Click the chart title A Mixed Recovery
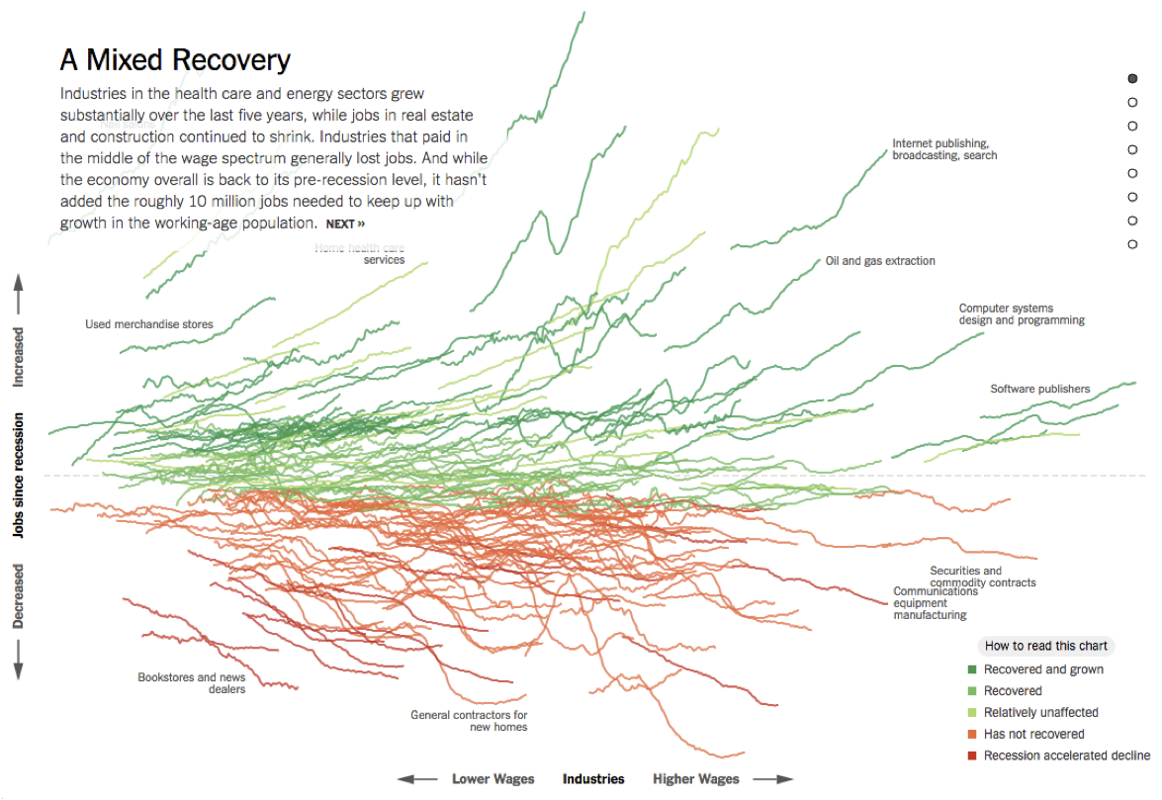click(175, 60)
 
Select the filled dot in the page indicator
click(1132, 78)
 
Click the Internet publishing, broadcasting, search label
click(944, 149)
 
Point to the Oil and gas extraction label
click(880, 261)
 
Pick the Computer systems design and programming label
click(1021, 314)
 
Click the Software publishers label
click(1039, 389)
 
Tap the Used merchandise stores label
click(148, 324)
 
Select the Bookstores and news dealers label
click(192, 683)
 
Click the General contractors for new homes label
click(469, 721)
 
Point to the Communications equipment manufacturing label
click(930, 603)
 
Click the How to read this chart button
click(1045, 646)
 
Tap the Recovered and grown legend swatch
click(972, 669)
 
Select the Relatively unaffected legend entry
click(1040, 712)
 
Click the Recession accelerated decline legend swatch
click(972, 756)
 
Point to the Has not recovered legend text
click(1033, 734)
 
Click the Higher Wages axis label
click(695, 779)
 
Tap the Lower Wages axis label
click(492, 779)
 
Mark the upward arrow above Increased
click(18, 294)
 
